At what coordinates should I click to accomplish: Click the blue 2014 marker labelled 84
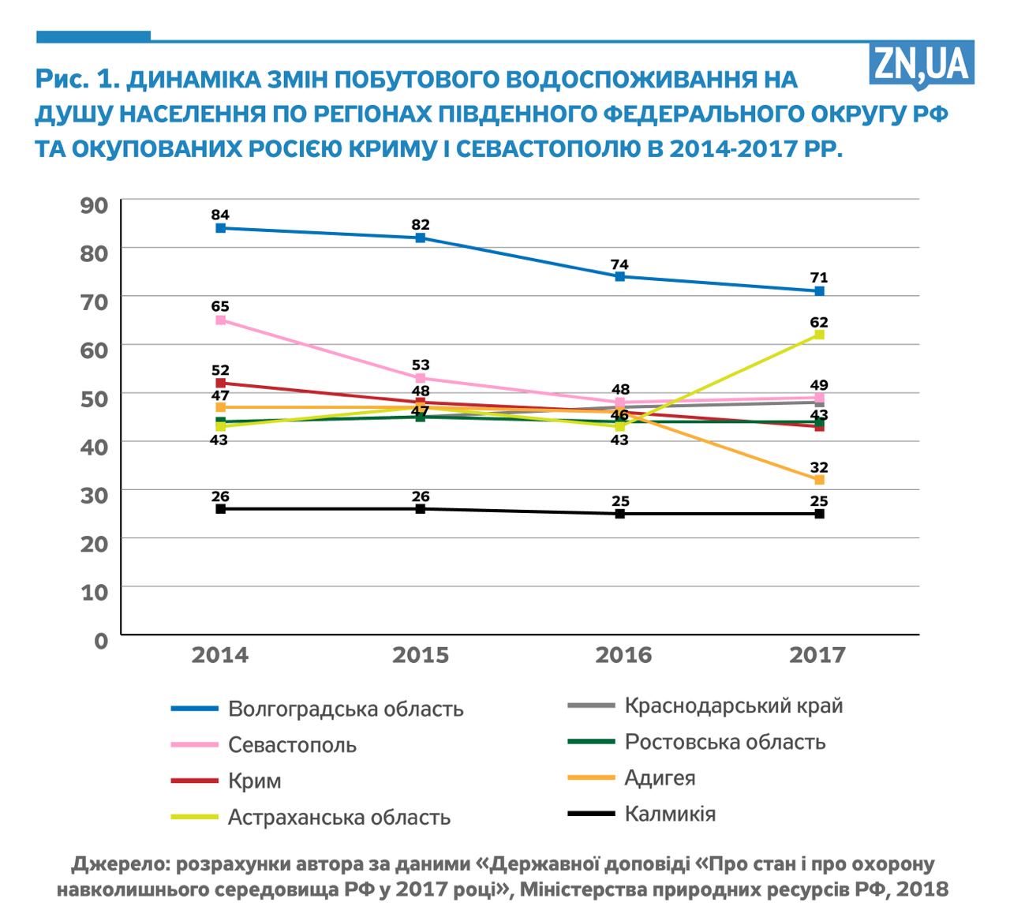coord(221,228)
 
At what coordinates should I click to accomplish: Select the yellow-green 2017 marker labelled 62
coord(820,335)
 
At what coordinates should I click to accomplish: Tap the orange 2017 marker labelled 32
coord(820,480)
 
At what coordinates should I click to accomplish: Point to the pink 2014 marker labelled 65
coord(221,320)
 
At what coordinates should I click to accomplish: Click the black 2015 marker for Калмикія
coord(421,509)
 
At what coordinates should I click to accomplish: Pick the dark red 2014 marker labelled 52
coord(221,383)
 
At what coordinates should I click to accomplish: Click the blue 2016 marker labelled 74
coord(620,276)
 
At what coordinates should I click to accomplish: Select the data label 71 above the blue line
coord(819,278)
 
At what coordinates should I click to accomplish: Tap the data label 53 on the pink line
coord(421,365)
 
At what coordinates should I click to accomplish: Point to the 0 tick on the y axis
coord(100,639)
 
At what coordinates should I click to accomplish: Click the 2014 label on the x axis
coord(220,655)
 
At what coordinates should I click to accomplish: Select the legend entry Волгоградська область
coord(346,709)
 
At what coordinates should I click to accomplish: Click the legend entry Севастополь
coord(292,745)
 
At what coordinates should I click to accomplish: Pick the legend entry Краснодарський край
coord(733,705)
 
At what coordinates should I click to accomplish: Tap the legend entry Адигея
coord(660,777)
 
